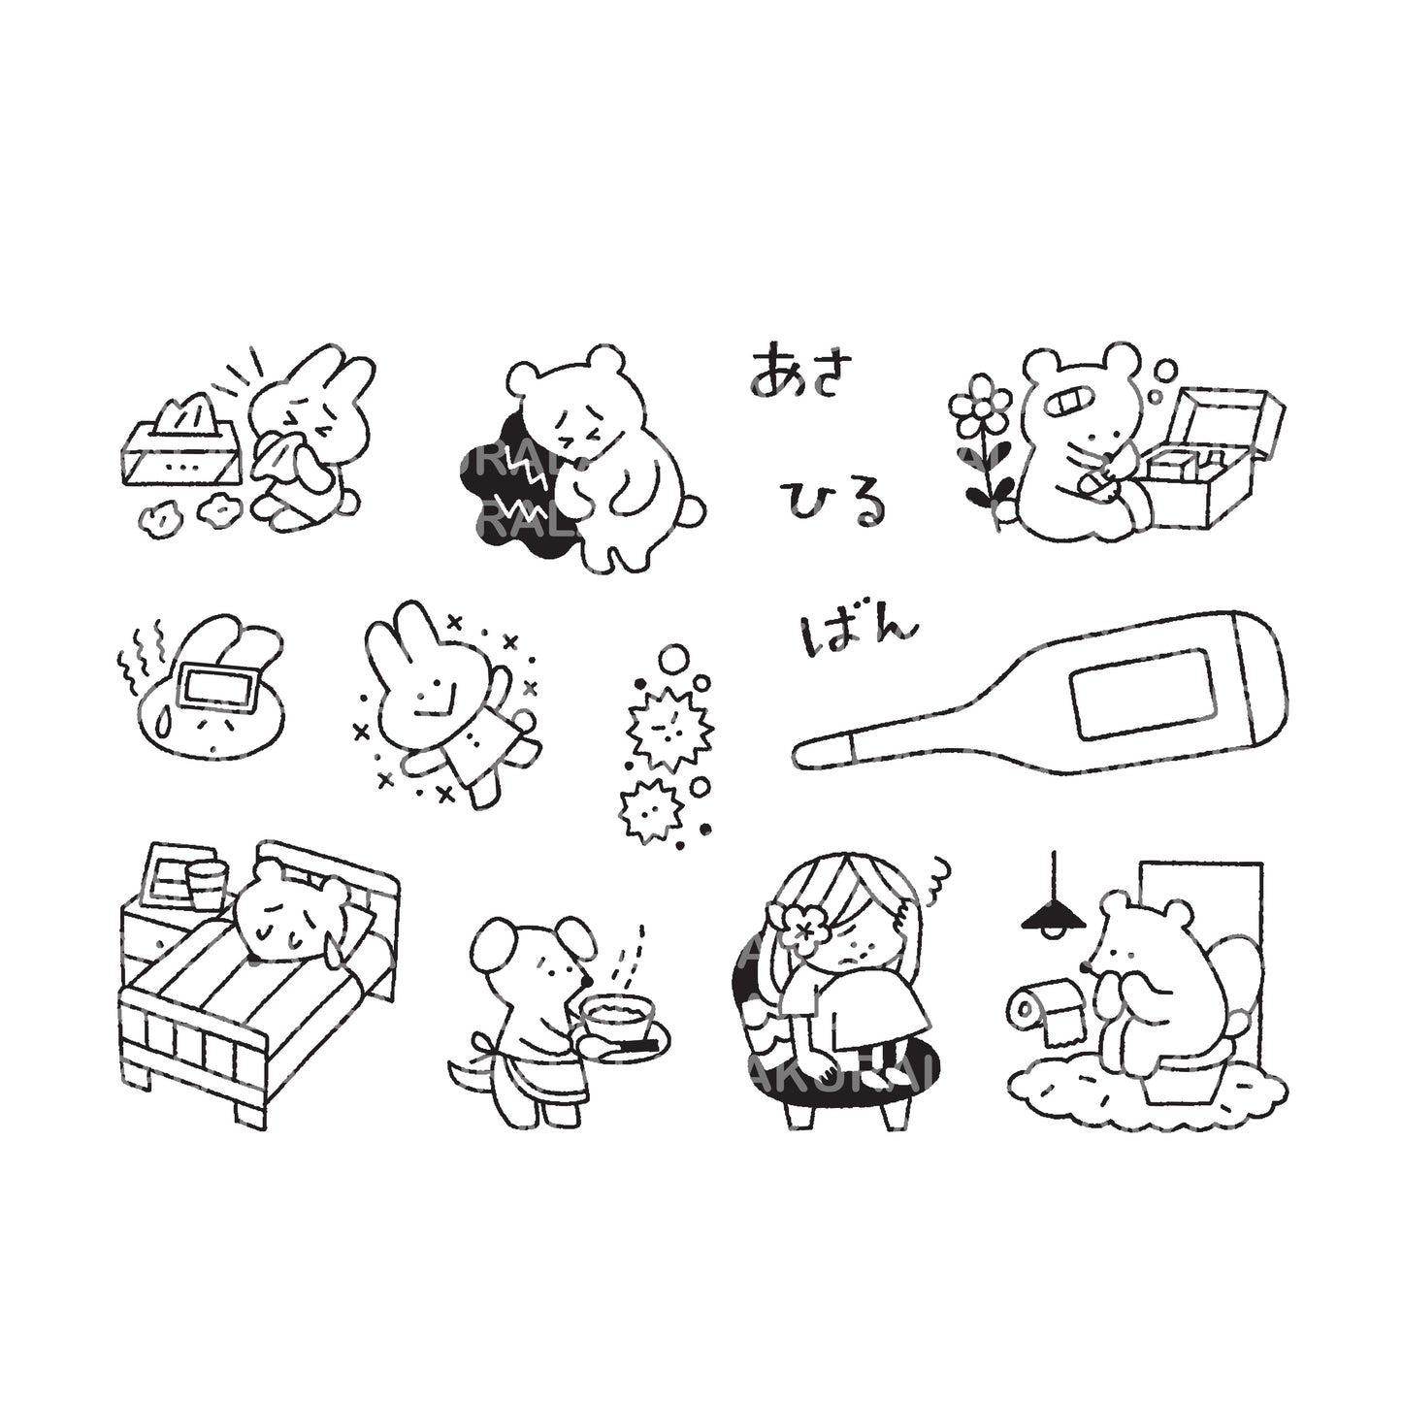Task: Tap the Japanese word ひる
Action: pyautogui.click(x=836, y=502)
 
